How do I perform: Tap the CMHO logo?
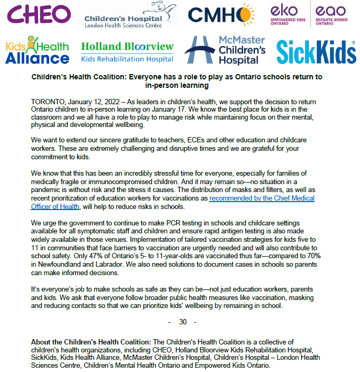coord(220,16)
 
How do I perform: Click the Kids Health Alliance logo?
coord(37,50)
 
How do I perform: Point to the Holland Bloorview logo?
coord(127,51)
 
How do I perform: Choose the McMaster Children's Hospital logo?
coord(225,50)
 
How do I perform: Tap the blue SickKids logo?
coord(316,51)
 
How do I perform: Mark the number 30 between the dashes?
coord(183,322)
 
